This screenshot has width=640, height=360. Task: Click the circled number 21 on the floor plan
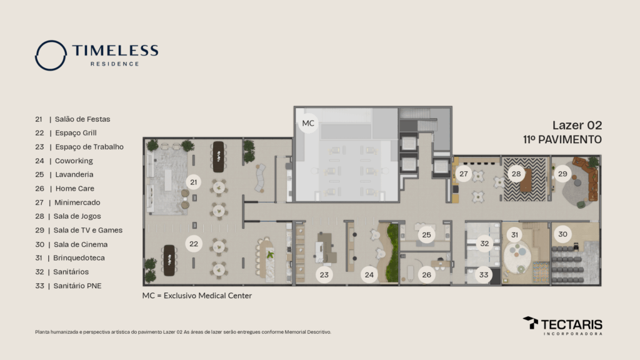[x=194, y=182]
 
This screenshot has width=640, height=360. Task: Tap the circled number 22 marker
[x=194, y=244]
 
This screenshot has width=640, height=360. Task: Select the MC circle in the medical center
[x=308, y=123]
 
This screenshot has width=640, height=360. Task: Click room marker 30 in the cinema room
[x=563, y=234]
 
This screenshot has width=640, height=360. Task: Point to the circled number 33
[x=484, y=274]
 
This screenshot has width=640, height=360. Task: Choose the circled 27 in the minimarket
[x=463, y=174]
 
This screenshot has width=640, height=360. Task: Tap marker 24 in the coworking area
[x=370, y=274]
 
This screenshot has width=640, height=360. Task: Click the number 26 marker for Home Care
[x=426, y=274]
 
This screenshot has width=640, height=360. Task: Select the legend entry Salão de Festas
[x=82, y=119]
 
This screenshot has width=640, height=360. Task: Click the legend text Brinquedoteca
[x=79, y=257]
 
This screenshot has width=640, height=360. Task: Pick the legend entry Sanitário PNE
[x=78, y=286]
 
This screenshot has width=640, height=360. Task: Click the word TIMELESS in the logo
[x=115, y=51]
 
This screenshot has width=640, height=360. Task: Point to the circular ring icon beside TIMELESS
[x=51, y=55]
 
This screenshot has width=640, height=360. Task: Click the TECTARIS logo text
[x=571, y=324]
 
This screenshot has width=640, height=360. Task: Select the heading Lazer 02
[x=577, y=125]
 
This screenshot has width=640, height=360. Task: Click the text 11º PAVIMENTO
[x=562, y=139]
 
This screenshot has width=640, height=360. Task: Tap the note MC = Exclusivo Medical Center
[x=197, y=296]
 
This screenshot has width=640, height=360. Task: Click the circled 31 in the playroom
[x=515, y=234]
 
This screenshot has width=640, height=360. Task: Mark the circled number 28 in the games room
[x=516, y=174]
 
